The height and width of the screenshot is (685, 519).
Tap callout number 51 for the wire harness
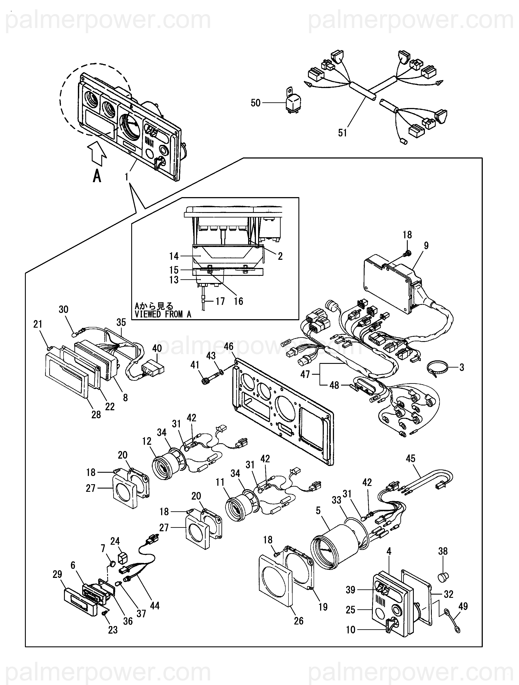click(342, 133)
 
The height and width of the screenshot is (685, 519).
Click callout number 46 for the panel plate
click(229, 347)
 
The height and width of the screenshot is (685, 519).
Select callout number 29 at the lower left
click(57, 574)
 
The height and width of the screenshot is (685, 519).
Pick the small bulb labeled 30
click(75, 334)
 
